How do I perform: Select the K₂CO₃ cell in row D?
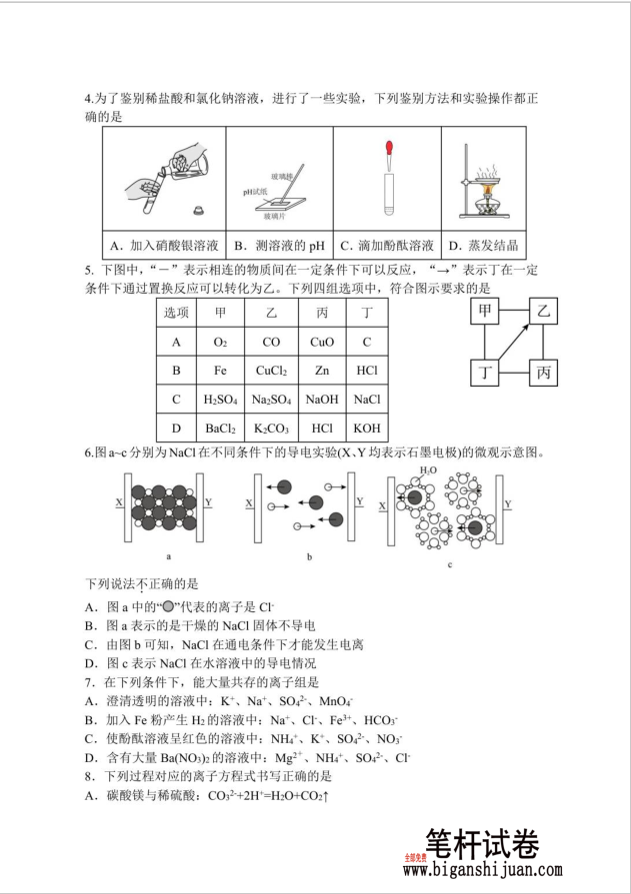(271, 428)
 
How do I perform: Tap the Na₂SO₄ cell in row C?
(271, 400)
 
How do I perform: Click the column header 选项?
(176, 314)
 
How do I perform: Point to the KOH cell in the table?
(367, 428)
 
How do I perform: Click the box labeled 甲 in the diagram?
(486, 312)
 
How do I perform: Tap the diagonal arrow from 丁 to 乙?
(515, 343)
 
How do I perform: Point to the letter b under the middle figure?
(310, 557)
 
